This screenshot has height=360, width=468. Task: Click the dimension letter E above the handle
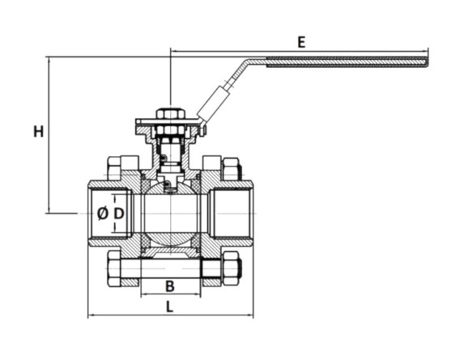click(301, 42)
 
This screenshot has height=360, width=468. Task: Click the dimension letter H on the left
click(38, 132)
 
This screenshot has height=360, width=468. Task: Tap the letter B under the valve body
click(169, 286)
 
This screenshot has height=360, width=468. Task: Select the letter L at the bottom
click(169, 307)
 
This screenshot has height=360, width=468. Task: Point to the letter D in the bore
click(119, 214)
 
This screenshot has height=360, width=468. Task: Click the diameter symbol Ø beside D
click(103, 214)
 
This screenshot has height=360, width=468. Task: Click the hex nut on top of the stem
click(170, 114)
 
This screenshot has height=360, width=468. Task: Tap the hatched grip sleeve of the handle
click(347, 62)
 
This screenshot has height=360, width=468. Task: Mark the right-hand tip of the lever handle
click(428, 62)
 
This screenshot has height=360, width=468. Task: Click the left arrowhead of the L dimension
click(91, 315)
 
